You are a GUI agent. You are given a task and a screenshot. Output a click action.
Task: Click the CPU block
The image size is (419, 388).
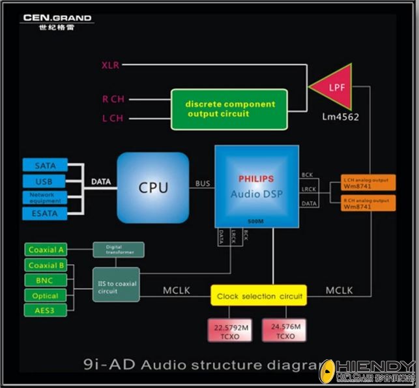tap(153, 188)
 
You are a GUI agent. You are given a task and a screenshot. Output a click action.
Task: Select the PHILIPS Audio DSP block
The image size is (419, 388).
tap(256, 187)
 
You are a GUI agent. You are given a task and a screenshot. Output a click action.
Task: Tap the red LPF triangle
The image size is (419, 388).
tap(334, 87)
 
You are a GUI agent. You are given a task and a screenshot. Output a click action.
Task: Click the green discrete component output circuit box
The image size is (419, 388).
tap(229, 109)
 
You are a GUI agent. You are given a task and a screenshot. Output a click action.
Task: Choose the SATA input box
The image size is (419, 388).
tap(45, 166)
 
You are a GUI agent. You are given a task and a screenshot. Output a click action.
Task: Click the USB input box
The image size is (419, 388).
tap(45, 181)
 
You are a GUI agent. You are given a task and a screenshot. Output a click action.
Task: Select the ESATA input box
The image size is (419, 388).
tap(45, 213)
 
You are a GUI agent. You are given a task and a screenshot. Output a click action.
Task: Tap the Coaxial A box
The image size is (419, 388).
tap(46, 249)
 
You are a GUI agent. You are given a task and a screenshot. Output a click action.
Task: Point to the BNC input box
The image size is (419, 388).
tap(46, 280)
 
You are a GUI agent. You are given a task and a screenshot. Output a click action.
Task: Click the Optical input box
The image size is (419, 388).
tap(46, 295)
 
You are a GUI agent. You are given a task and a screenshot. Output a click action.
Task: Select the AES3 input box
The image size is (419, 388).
tap(46, 310)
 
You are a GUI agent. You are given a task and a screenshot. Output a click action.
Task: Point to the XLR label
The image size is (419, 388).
tap(110, 65)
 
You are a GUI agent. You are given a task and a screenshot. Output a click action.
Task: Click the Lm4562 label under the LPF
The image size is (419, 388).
tap(340, 117)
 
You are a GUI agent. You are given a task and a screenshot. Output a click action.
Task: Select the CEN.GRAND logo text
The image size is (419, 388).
tap(57, 18)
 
